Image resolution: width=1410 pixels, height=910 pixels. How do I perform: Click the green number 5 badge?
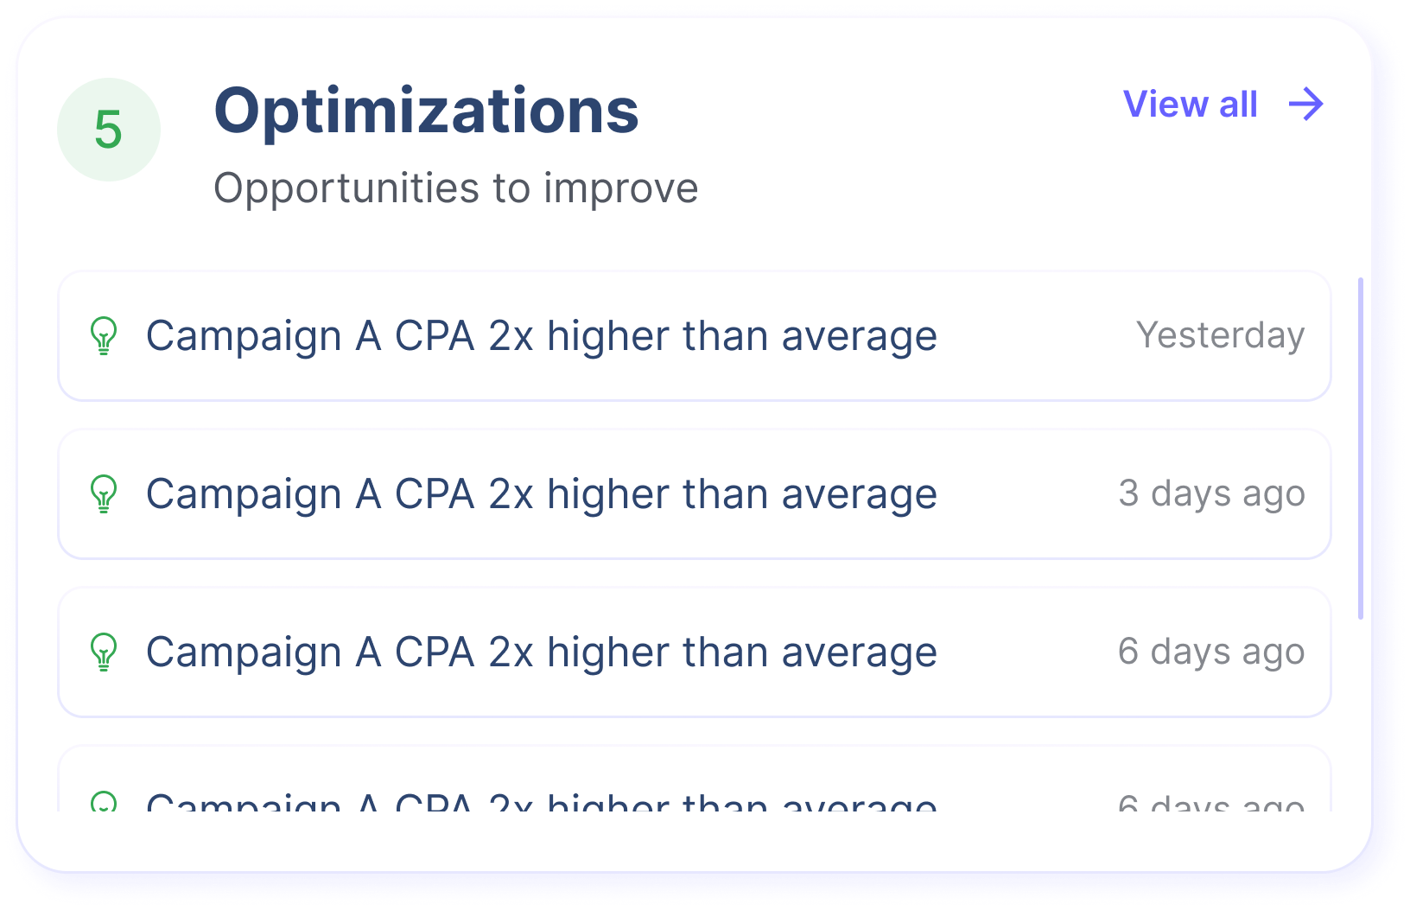tap(109, 130)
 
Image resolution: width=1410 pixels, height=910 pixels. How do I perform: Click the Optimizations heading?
tap(426, 111)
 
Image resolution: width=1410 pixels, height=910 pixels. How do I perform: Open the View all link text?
tap(1190, 105)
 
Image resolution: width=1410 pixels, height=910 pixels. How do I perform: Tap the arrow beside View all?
tap(1305, 105)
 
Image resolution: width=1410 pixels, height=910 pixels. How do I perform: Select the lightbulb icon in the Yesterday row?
tap(104, 336)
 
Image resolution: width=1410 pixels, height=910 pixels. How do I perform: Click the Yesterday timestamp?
tap(1220, 335)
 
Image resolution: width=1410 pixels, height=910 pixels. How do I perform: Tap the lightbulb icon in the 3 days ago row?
tap(104, 494)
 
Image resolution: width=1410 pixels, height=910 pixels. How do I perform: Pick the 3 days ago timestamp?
tap(1211, 493)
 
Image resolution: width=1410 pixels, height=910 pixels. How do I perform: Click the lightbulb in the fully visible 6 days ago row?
tap(104, 652)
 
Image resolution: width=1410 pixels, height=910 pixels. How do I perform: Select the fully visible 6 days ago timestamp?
tap(1211, 652)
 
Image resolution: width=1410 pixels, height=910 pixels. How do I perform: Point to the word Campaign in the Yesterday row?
tap(244, 336)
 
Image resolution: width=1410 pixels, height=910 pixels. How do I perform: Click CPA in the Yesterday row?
tap(435, 336)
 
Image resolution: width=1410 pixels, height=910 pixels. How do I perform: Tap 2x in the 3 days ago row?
tap(511, 494)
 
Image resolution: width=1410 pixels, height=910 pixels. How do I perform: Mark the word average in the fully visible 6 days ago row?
tap(859, 652)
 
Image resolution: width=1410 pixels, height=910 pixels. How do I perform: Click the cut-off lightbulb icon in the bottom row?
tap(104, 803)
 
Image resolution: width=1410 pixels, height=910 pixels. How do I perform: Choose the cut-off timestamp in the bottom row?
tap(1211, 805)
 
